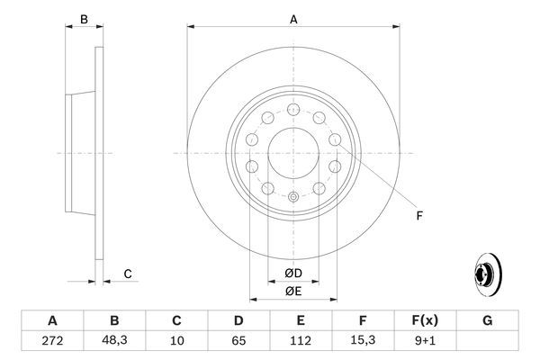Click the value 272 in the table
pos(52,340)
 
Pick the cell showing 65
pos(238,340)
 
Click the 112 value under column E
pos(301,340)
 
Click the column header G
pos(487,319)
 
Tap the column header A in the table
pos(52,319)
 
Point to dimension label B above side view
pos(84,18)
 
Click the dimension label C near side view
pos(128,274)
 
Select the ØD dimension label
pos(293,274)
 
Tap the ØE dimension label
pos(293,291)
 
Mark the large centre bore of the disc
pos(292,153)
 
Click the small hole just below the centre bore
pos(292,195)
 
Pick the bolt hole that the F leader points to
pos(335,139)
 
